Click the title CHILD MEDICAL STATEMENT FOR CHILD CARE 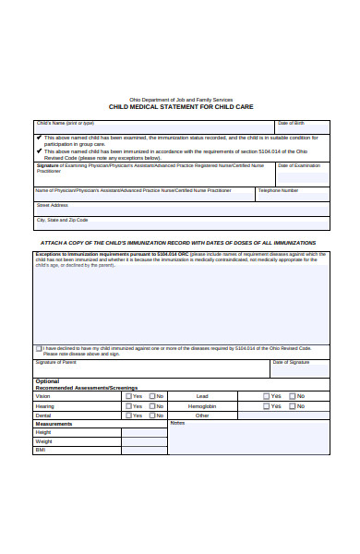click(x=180, y=106)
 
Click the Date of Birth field click(x=302, y=128)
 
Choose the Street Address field click(x=181, y=209)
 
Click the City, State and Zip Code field click(x=181, y=223)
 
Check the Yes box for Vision click(x=127, y=396)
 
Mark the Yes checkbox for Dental click(x=127, y=415)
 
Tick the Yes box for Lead click(x=266, y=396)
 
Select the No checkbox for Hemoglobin click(x=291, y=406)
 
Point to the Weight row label click(x=44, y=441)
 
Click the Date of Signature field click(x=299, y=368)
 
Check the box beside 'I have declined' click(x=39, y=349)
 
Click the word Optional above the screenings click(x=47, y=380)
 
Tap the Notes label click(x=178, y=423)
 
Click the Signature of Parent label click(x=56, y=363)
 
